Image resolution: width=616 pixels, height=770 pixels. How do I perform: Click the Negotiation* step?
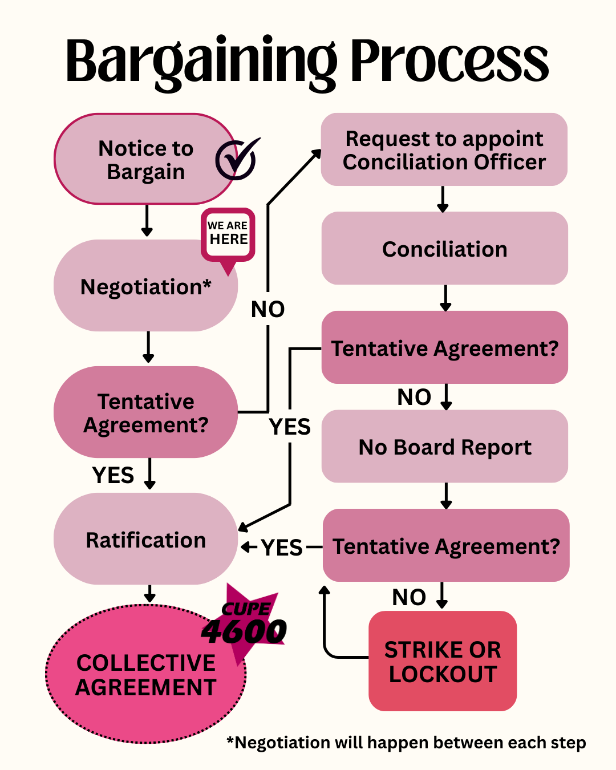coord(145,286)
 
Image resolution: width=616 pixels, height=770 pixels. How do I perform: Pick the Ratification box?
coord(145,540)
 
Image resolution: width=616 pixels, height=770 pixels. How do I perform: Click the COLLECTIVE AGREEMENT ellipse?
coord(145,675)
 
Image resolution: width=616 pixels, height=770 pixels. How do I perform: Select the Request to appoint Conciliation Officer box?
coord(444,150)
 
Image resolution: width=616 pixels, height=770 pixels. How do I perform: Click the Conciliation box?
coord(444,249)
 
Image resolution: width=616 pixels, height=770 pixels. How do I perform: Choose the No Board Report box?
coord(444,447)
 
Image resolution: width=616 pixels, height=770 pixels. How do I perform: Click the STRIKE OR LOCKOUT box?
coord(443,662)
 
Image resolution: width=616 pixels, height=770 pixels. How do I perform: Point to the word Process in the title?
coord(449,60)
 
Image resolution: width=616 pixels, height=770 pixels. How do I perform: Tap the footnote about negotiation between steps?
coord(406,743)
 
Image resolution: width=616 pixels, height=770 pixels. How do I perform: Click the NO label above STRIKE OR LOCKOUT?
coord(409,597)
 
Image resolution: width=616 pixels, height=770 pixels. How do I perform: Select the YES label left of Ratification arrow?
coord(282,548)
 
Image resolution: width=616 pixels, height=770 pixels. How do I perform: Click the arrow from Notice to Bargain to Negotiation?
coord(147,221)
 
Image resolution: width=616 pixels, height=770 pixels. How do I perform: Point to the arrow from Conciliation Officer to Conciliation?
coord(443,199)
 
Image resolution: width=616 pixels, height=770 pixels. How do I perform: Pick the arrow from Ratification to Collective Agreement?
coord(149,594)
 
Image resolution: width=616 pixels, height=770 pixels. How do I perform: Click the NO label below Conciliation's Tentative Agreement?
coord(414,397)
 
